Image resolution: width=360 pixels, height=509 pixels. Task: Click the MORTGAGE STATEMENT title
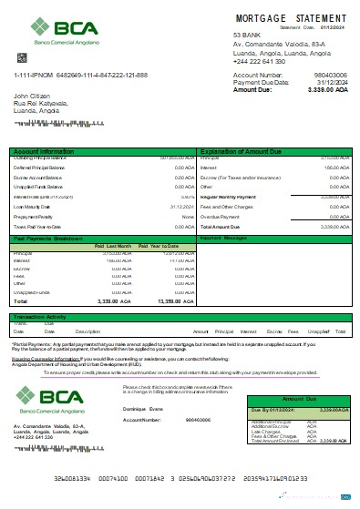tap(291, 18)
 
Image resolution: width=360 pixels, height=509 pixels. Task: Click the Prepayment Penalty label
tap(35, 216)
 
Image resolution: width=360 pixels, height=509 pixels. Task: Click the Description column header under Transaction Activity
tap(87, 331)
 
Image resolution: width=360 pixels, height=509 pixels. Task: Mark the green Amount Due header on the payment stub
tap(298, 399)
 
